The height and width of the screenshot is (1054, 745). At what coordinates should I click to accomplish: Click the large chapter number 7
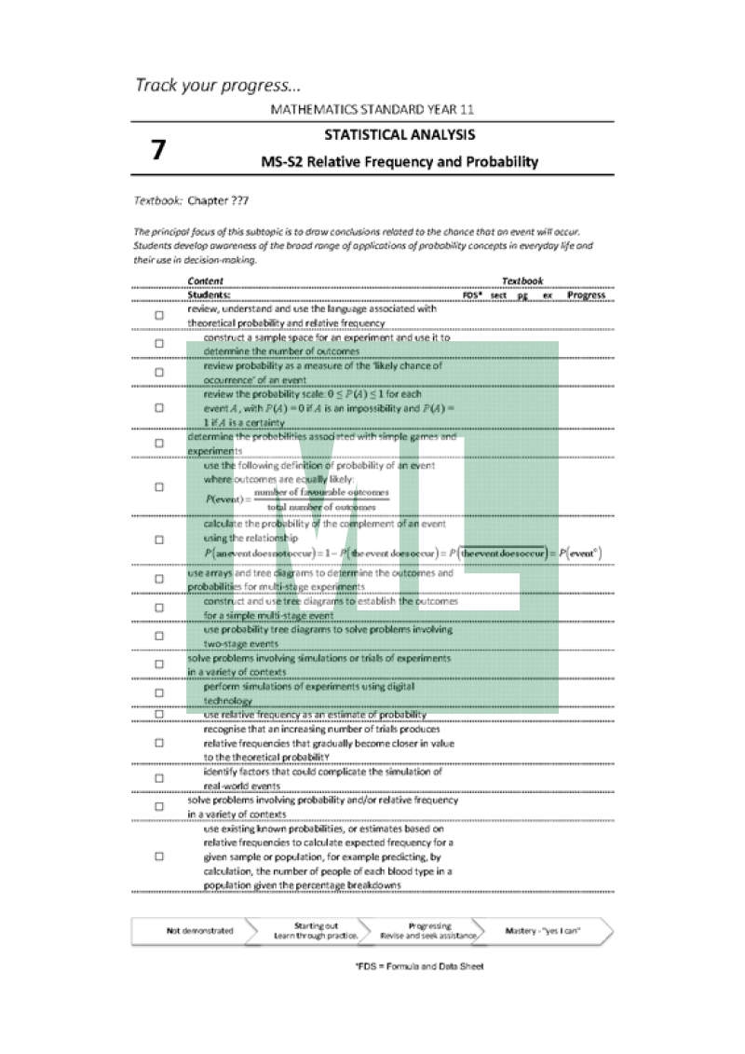point(158,150)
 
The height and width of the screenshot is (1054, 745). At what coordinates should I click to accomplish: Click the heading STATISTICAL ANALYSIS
point(400,135)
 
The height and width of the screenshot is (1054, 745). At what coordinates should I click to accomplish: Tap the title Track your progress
point(218,86)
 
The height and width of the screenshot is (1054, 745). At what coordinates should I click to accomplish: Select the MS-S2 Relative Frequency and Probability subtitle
point(400,162)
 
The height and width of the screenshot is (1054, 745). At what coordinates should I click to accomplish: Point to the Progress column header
point(586,294)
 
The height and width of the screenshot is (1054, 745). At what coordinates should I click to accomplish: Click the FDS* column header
point(472,294)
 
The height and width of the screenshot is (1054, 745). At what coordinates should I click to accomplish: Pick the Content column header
point(205,281)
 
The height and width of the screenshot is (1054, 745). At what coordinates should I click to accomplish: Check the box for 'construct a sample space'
point(158,344)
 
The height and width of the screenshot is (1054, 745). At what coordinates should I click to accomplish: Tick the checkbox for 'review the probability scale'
point(158,407)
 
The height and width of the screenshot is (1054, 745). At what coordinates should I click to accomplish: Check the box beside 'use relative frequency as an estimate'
point(158,714)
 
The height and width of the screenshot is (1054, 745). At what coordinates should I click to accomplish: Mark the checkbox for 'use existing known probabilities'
point(158,856)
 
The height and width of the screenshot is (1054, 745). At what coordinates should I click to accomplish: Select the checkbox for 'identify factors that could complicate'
point(158,778)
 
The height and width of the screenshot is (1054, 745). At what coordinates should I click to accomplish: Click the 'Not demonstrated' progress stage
point(199,930)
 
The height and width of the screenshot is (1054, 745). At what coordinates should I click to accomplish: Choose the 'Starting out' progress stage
point(303,930)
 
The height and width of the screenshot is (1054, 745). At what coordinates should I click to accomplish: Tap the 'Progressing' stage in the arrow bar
point(429,930)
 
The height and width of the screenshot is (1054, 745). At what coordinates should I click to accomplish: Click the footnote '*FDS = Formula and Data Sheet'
point(419,965)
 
